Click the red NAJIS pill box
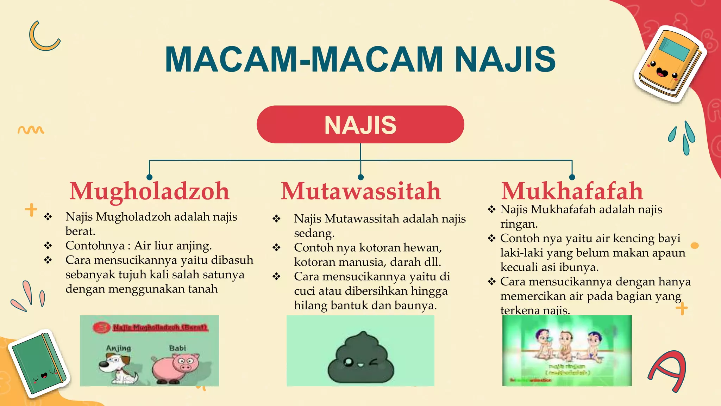click(360, 124)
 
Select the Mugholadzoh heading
click(149, 191)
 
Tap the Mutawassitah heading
click(360, 191)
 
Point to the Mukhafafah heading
click(572, 191)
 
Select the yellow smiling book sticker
click(669, 63)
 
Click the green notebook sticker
click(39, 363)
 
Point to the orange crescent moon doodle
click(43, 37)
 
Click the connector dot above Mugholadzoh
click(150, 177)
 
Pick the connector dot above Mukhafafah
click(572, 177)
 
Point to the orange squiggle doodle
click(31, 130)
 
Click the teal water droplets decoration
click(683, 137)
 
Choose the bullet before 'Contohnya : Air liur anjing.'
click(48, 246)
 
